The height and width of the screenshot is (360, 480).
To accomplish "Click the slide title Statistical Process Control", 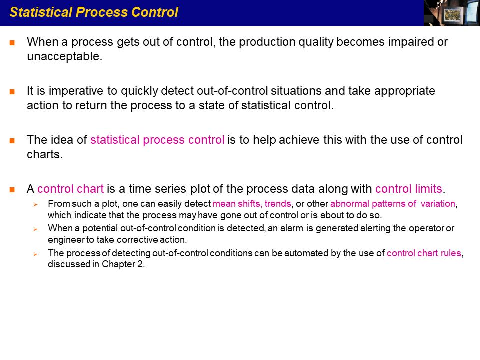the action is point(94,12).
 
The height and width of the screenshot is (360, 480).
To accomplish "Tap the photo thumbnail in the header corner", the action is point(452,13).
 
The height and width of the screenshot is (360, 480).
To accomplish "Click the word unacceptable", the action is point(64,56).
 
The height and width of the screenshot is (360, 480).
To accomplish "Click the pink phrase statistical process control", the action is point(157,140).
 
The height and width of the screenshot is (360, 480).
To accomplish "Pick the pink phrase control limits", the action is point(408,189).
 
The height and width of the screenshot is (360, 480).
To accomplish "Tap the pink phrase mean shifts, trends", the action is point(252,203).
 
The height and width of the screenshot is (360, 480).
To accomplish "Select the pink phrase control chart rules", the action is point(424,253).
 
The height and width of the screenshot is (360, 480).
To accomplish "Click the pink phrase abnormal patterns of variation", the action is point(393,204).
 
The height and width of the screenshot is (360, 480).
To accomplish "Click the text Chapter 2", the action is point(122,264).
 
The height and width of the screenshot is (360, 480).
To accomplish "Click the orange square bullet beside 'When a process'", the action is point(12,43).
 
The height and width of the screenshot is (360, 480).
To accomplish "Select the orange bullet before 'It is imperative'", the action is point(12,92).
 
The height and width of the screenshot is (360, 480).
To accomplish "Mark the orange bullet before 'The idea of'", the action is point(12,141).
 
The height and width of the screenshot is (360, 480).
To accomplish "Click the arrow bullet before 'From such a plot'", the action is point(36,204).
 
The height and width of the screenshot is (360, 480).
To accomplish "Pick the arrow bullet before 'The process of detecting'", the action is point(36,254).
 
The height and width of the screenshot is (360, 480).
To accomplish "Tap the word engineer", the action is point(66,239).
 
